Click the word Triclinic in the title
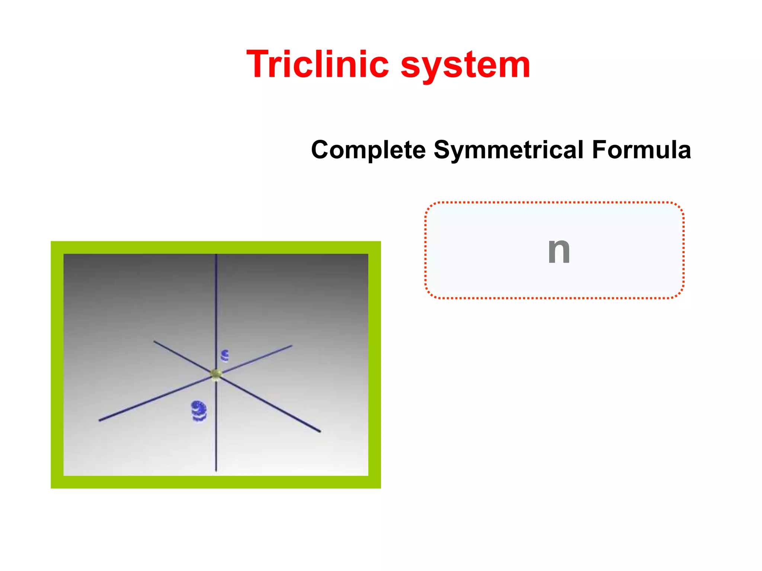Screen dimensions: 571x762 point(318,65)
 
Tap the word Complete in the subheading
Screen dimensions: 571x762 point(368,150)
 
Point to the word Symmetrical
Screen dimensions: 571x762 point(509,150)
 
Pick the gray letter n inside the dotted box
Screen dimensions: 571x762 point(559,251)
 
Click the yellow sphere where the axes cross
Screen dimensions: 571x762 point(216,374)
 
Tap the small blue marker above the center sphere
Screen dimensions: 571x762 point(225,356)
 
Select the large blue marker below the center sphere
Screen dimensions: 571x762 point(199,411)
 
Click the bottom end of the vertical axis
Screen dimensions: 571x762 point(216,471)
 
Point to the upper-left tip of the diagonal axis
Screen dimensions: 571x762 point(154,341)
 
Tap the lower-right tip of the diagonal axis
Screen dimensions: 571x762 point(320,432)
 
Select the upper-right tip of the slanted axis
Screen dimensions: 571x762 point(292,346)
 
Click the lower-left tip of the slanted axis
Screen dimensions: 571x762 point(99,420)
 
